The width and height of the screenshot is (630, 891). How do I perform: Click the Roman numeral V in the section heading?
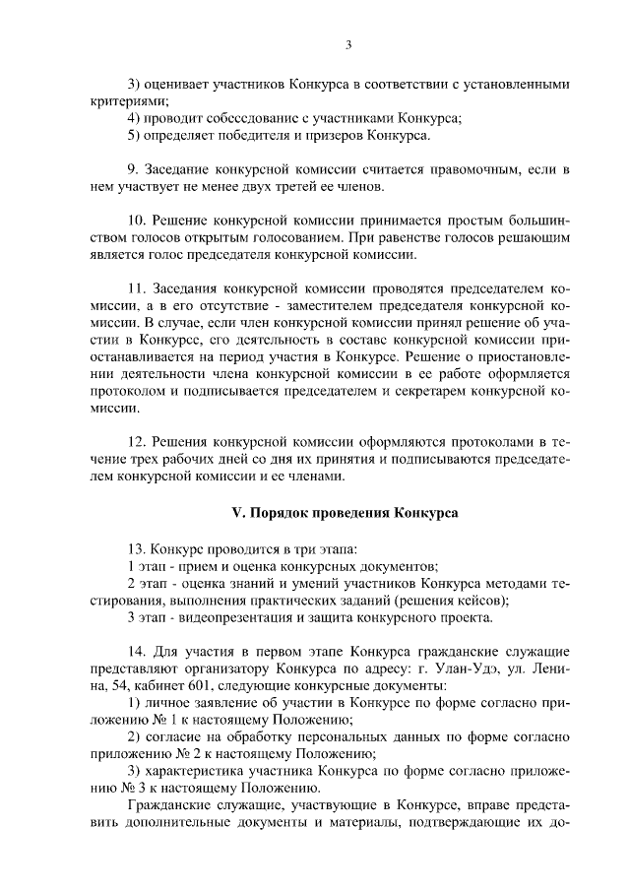click(235, 513)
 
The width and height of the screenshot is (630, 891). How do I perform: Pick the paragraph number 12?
click(138, 443)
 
